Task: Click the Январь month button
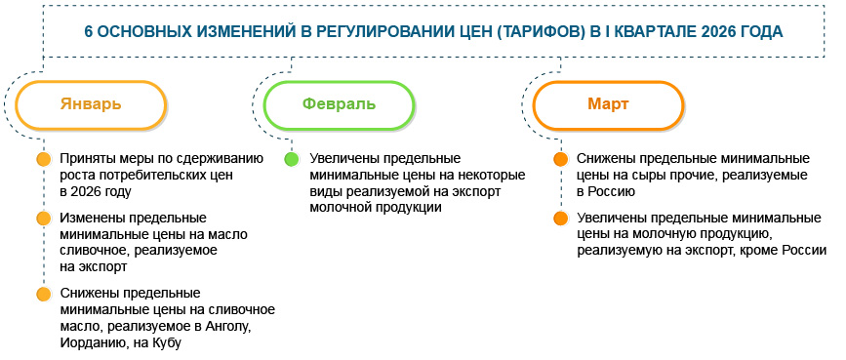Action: click(x=90, y=104)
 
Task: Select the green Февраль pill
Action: click(x=338, y=104)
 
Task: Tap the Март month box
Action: click(x=607, y=104)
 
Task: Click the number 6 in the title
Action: click(x=89, y=30)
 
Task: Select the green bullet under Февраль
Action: click(x=291, y=158)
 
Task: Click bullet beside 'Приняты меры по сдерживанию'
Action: click(x=42, y=158)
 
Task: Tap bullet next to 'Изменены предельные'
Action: click(x=42, y=218)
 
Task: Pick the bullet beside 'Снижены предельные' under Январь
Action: click(x=42, y=294)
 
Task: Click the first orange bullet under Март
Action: click(x=559, y=158)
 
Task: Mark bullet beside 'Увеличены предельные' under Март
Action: click(x=559, y=218)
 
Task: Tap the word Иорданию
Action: click(x=91, y=342)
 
